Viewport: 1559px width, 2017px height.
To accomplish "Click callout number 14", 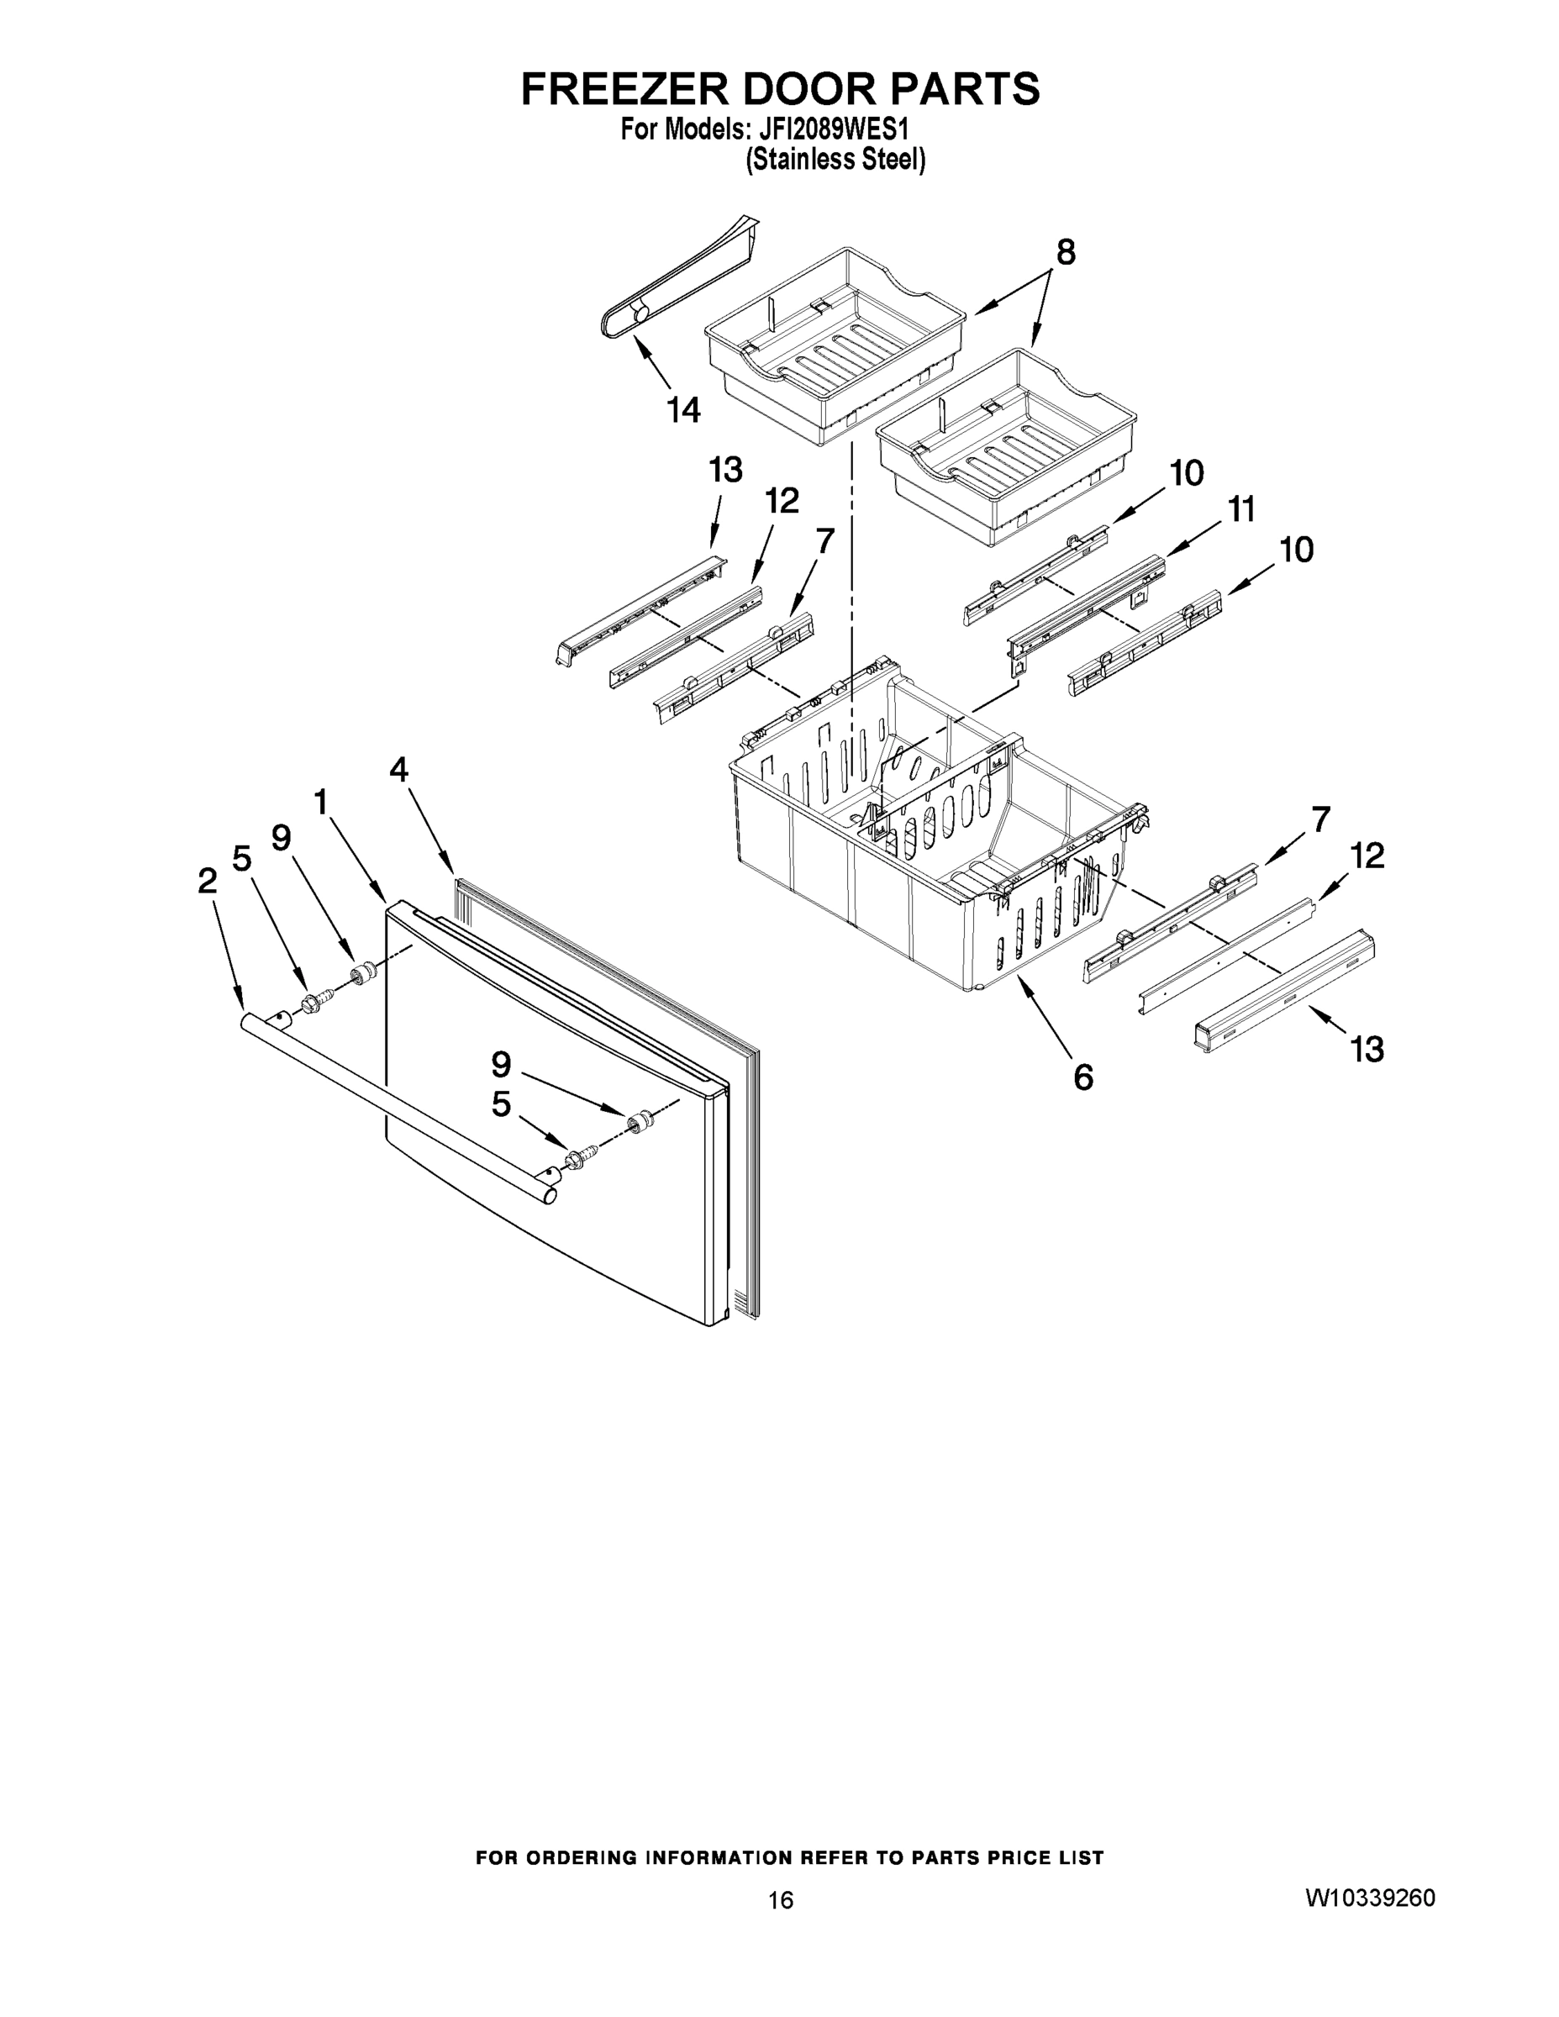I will (x=683, y=409).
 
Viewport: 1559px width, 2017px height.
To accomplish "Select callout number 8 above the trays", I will (x=1066, y=252).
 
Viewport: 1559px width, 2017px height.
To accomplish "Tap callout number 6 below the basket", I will (x=1083, y=1076).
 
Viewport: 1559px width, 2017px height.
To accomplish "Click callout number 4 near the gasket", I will (x=398, y=769).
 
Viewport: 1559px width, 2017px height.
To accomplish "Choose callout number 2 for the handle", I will (x=207, y=880).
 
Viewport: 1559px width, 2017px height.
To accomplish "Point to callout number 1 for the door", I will (x=320, y=802).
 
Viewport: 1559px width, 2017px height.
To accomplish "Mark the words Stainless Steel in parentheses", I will (x=835, y=161).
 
